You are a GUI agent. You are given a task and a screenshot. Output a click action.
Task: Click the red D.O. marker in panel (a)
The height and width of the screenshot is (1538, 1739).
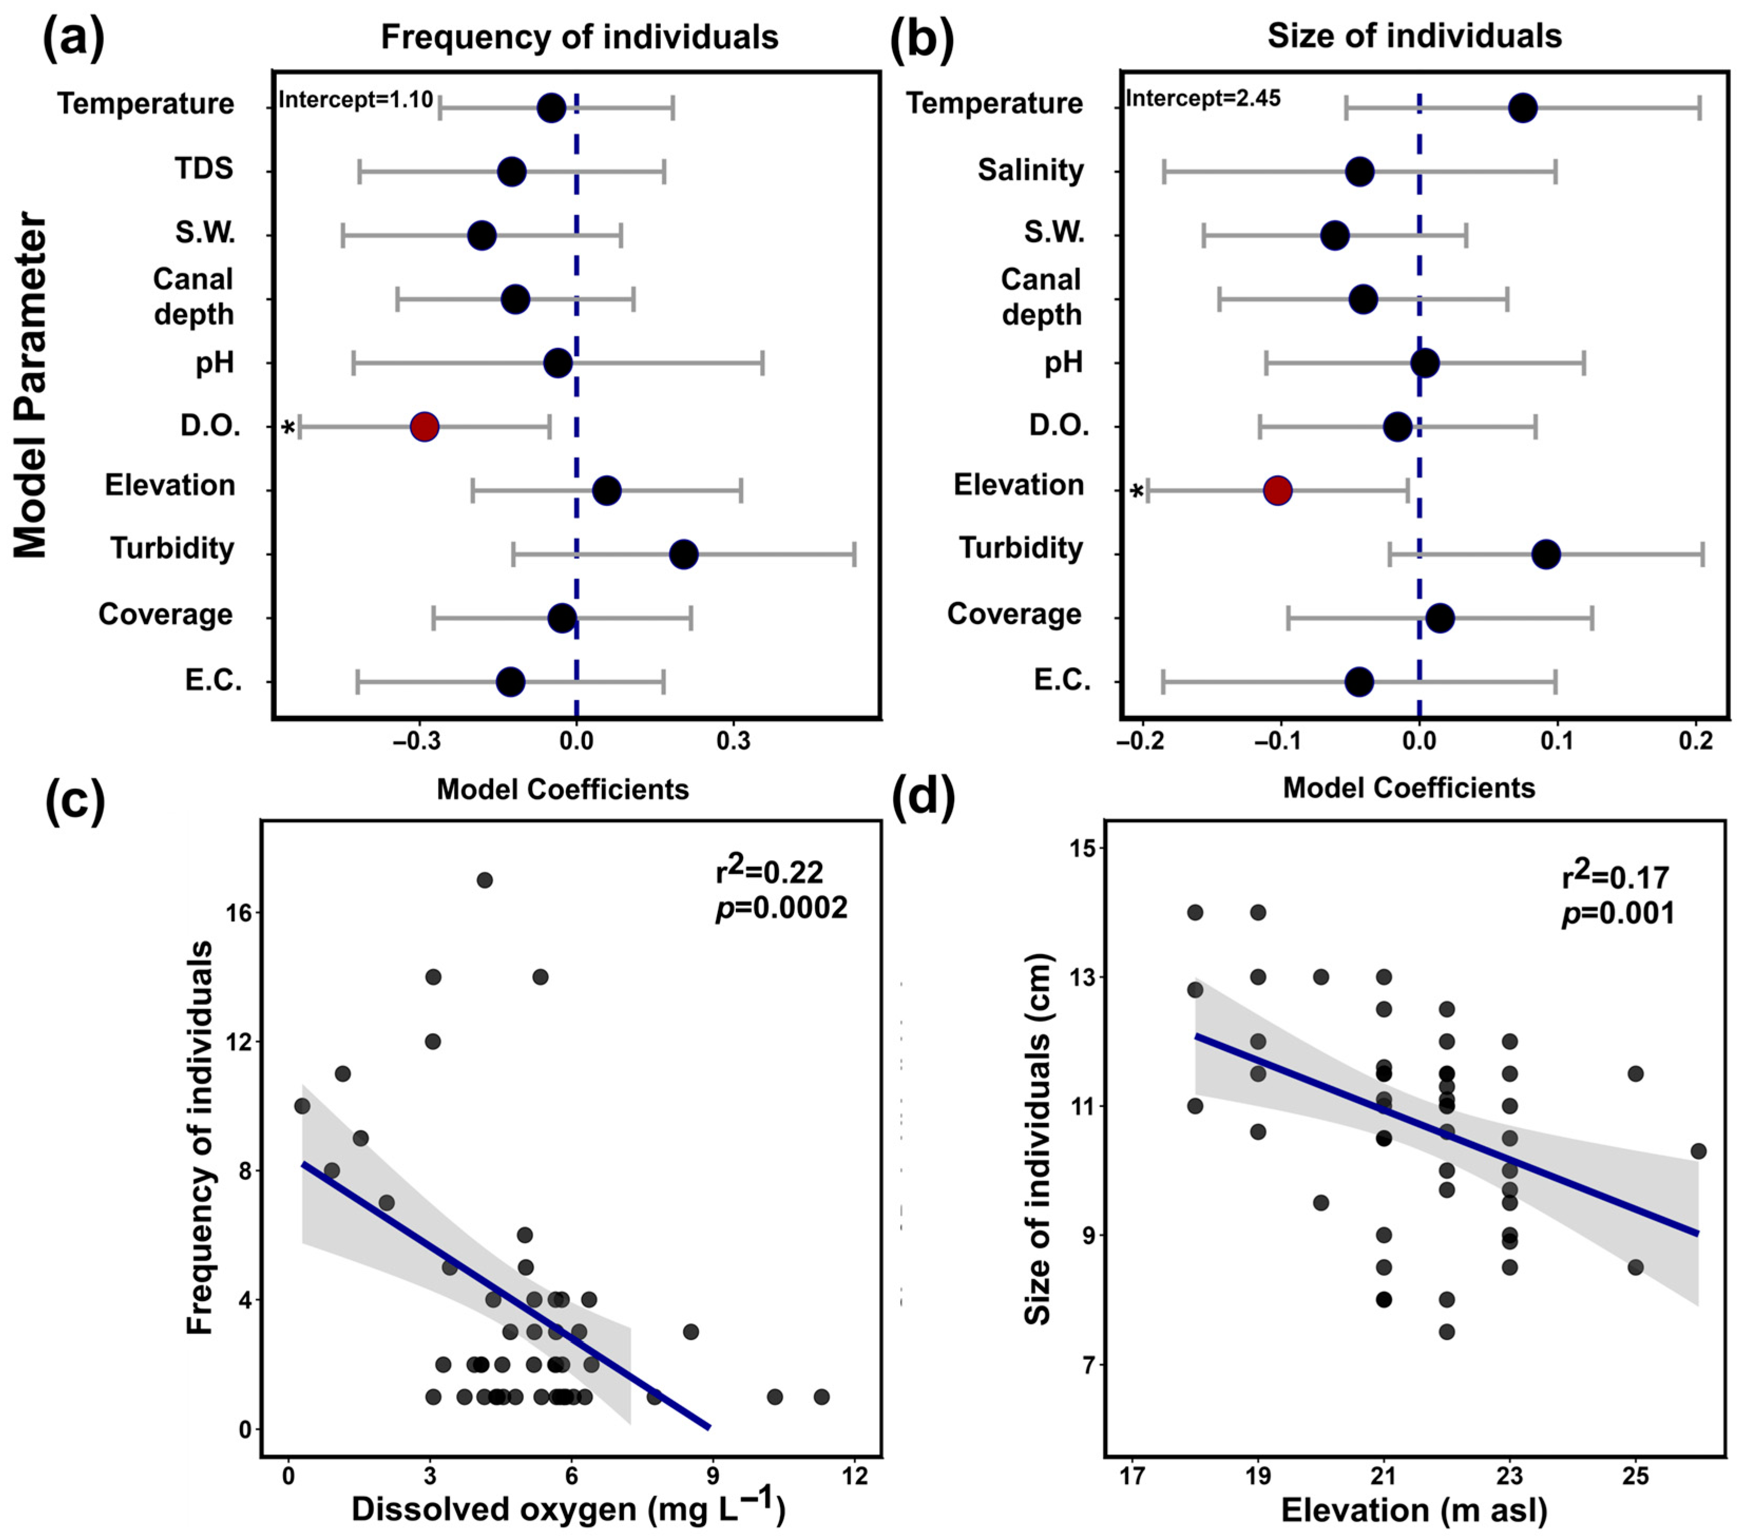point(425,427)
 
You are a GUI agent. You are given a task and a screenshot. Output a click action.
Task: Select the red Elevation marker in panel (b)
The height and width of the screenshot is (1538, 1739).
point(1278,491)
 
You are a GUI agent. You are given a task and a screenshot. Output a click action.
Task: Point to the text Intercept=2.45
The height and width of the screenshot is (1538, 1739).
point(1203,99)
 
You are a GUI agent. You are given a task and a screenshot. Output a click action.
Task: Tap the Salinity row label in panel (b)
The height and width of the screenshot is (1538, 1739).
point(1030,170)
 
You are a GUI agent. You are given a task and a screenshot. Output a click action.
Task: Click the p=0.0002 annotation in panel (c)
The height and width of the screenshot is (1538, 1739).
point(781,908)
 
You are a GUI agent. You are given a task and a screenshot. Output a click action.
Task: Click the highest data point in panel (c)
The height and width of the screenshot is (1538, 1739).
point(484,879)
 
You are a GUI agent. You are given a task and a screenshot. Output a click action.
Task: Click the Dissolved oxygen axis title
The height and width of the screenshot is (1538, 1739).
point(568,1509)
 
